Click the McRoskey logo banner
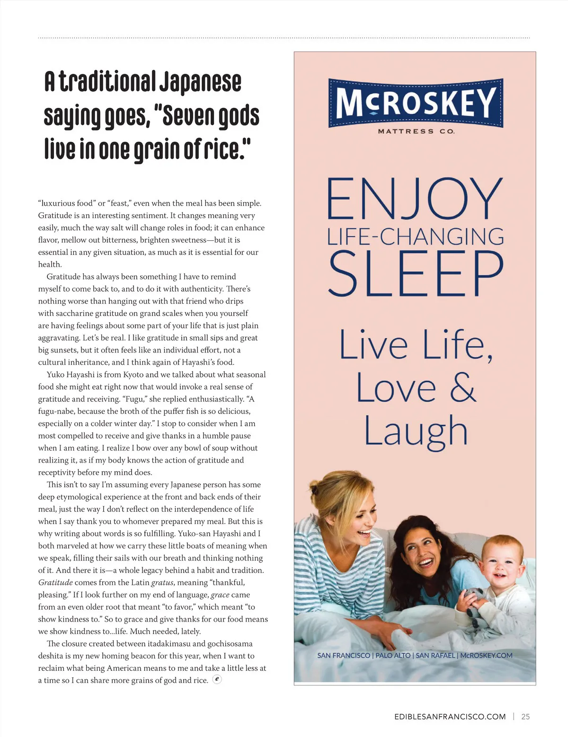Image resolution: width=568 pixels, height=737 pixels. click(416, 103)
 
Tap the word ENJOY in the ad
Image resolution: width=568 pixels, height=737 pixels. click(415, 198)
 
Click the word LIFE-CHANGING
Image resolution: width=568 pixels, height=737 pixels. click(416, 237)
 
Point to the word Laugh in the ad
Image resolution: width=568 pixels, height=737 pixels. click(416, 431)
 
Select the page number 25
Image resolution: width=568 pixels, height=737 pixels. click(525, 717)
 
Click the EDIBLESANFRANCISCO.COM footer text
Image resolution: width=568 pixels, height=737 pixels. click(450, 717)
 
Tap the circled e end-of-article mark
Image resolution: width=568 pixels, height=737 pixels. click(217, 679)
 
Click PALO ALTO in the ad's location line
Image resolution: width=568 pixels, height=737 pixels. click(392, 656)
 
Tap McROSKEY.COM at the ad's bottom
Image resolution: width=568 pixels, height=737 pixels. click(486, 656)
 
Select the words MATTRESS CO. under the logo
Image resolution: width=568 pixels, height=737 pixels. click(416, 132)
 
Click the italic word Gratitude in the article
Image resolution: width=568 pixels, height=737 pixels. click(55, 583)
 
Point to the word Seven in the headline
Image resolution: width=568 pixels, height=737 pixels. click(187, 116)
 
